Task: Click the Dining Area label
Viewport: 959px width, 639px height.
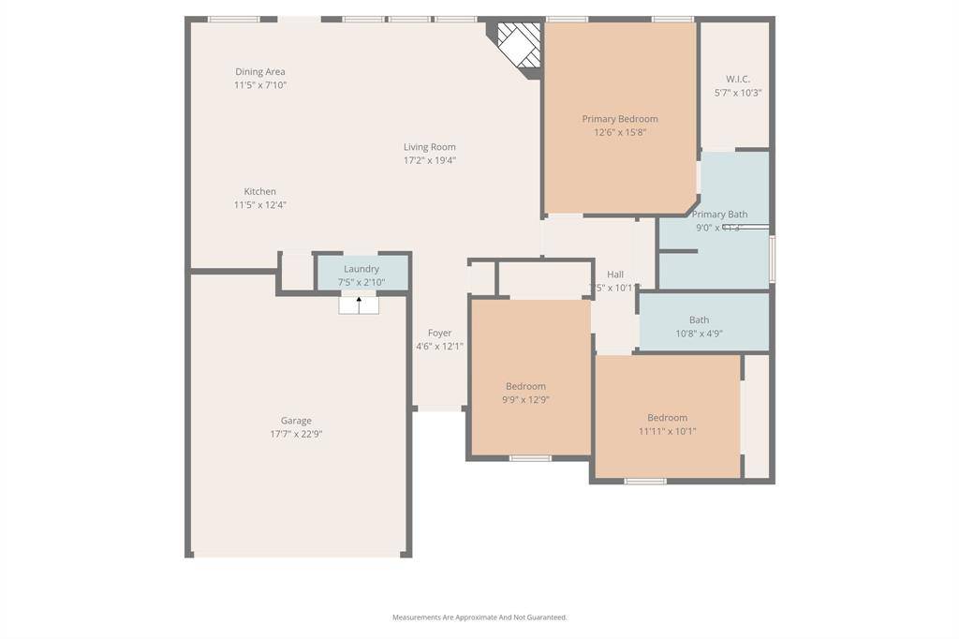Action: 260,72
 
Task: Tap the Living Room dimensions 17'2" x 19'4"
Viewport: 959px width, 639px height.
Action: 430,160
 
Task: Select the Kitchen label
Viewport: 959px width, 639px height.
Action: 260,191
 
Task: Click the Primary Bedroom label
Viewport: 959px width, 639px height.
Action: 620,119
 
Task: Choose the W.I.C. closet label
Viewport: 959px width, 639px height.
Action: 738,80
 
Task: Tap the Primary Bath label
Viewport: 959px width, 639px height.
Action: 719,215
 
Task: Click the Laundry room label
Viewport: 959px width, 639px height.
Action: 361,269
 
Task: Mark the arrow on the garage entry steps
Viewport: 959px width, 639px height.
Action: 359,302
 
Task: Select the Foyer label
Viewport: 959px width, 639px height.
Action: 440,333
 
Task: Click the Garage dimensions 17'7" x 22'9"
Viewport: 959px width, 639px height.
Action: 296,434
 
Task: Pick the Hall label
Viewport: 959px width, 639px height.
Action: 615,275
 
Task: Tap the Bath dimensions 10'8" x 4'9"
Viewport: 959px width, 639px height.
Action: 699,334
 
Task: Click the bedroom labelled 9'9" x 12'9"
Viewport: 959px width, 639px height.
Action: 525,386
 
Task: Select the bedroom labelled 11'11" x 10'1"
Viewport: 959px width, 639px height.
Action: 667,418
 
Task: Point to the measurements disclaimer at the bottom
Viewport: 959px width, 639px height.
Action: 479,617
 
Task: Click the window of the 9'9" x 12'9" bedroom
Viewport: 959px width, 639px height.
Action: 530,458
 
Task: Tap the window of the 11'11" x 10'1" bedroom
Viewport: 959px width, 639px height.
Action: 645,482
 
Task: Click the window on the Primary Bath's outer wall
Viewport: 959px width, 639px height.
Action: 772,259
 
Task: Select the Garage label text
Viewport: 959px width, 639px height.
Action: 296,421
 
